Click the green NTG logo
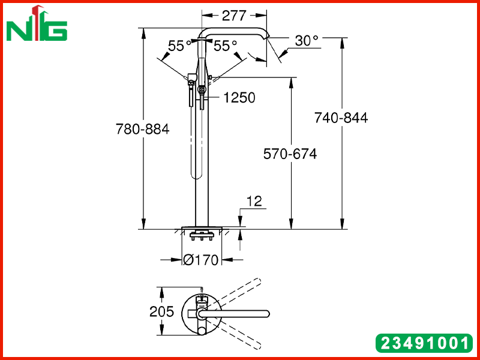(x=37, y=23)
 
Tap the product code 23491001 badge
(x=424, y=343)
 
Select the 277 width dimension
(x=234, y=16)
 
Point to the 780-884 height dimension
(x=142, y=129)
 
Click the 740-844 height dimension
(x=341, y=118)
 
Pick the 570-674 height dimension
(x=290, y=154)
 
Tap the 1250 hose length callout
(x=239, y=98)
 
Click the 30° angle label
(x=307, y=41)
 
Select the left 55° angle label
(x=179, y=46)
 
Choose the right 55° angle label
(x=226, y=46)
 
